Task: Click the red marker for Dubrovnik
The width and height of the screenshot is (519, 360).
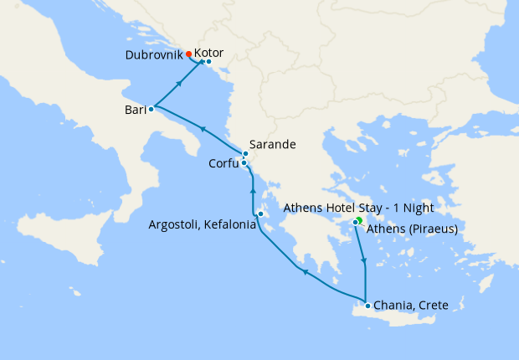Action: [189, 54]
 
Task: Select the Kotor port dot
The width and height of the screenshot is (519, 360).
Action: [208, 62]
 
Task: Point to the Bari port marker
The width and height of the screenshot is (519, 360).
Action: [152, 109]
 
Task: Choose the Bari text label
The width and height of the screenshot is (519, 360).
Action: [135, 110]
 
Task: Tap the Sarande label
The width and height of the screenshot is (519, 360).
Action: [272, 144]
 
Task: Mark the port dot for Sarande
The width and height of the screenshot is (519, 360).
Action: [246, 153]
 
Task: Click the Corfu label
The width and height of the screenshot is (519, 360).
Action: [224, 164]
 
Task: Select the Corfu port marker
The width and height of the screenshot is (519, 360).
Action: [244, 163]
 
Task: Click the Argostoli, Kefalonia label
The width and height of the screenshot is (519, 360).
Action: [202, 224]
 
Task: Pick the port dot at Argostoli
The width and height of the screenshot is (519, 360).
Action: [261, 214]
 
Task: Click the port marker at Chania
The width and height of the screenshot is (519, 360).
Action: [367, 306]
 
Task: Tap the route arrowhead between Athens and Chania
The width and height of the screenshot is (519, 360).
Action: [363, 262]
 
